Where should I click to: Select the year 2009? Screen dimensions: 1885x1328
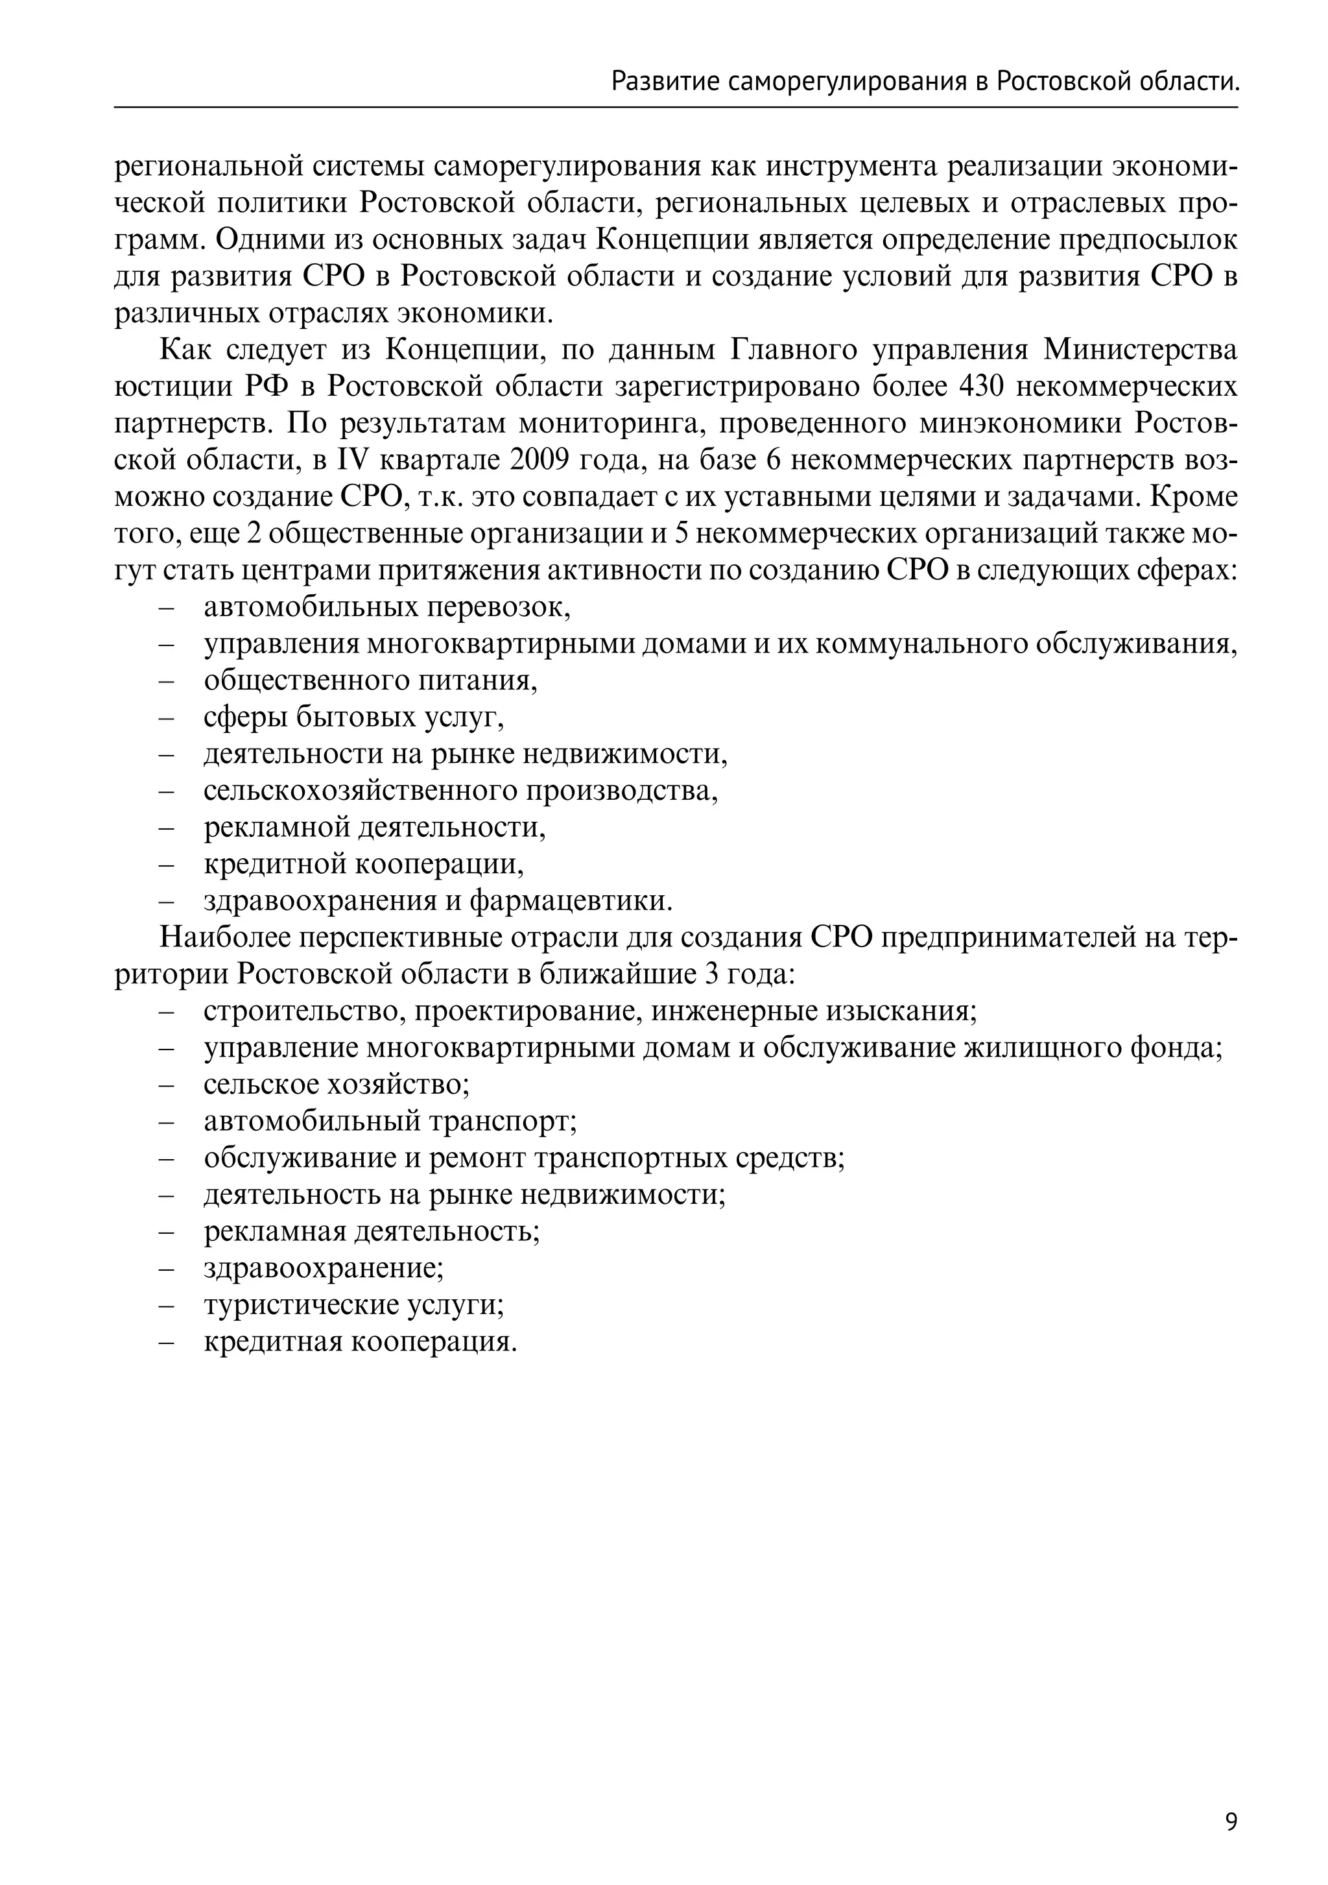539,460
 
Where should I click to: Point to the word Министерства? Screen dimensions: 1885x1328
1140,350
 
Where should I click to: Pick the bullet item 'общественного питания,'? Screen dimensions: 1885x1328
370,680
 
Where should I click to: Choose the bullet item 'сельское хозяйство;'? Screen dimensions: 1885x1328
337,1085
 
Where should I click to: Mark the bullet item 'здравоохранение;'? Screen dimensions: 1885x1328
324,1268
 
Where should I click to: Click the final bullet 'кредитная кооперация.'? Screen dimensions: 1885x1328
361,1341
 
